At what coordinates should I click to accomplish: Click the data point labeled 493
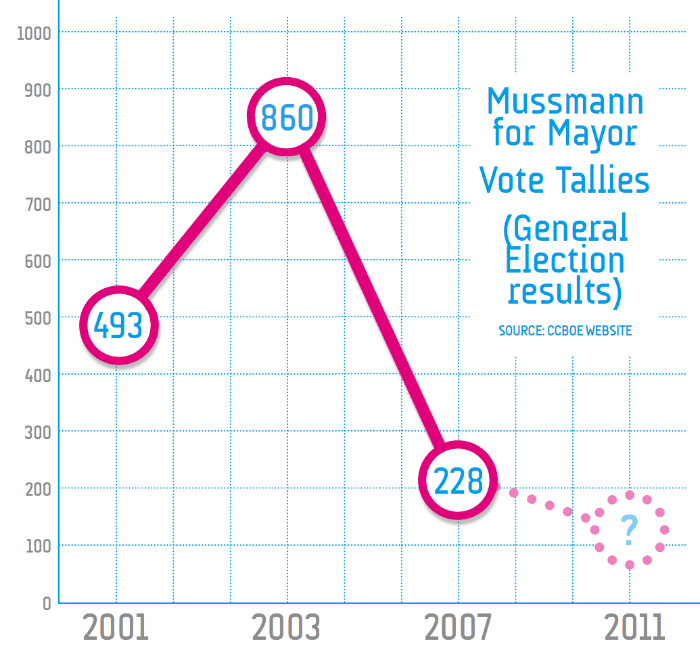119,325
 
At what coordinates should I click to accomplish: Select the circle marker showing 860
287,116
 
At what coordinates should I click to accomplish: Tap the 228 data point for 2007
458,480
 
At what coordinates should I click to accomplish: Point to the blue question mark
629,530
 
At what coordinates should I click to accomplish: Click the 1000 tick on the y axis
34,34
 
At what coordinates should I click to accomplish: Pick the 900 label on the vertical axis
38,91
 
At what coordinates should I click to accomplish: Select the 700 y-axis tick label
38,204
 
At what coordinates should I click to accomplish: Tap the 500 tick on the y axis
38,319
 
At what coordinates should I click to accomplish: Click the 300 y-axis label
38,432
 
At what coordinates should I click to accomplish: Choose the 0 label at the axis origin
47,603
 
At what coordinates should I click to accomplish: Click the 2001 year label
116,627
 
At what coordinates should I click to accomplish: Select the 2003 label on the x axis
286,627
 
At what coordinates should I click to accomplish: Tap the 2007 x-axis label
458,627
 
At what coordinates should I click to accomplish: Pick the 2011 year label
634,627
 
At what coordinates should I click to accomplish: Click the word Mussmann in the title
565,101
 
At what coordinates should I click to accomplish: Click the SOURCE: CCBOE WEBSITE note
565,331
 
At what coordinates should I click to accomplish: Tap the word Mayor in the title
592,134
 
